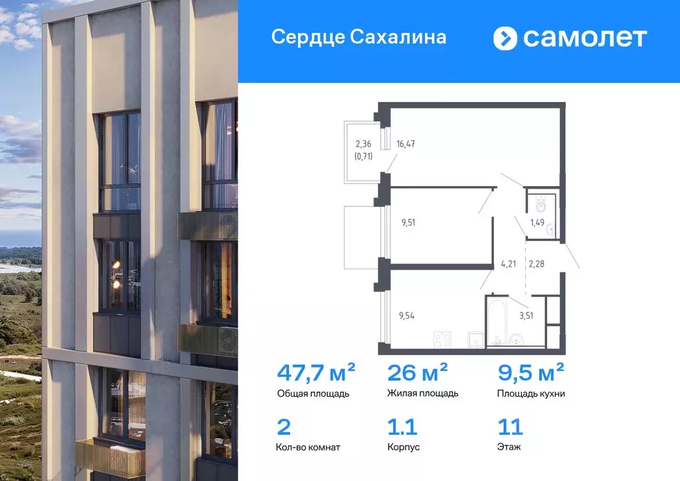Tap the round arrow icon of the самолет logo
coord(505,38)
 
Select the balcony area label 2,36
coord(363,144)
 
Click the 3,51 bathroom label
coord(525,316)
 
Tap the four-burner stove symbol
coord(442,339)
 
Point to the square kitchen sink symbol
coord(475,339)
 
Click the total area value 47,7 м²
coord(316,371)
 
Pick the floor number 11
coord(509,427)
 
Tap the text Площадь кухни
coord(531,393)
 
